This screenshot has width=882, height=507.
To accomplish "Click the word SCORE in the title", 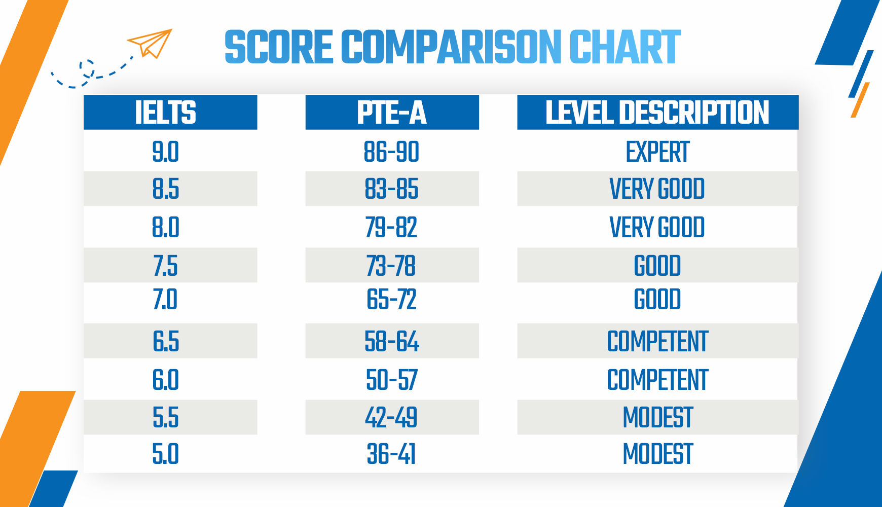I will pos(278,47).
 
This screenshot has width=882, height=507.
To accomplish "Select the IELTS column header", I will pos(166,112).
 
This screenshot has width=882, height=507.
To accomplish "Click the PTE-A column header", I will pos(392,112).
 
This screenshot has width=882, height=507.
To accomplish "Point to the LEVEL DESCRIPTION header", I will pos(657,112).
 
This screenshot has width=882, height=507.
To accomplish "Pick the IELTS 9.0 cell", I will pos(166,152).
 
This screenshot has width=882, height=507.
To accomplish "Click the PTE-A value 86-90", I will pos(392,152).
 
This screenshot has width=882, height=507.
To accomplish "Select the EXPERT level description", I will pos(657,152).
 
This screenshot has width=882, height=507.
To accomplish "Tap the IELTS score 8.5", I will pos(166,189).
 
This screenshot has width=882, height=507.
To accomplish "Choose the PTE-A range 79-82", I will pos(392,227).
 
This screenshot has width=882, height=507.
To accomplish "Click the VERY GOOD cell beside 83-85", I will pos(657,189).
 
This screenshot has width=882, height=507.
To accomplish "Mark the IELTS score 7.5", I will pos(166,266).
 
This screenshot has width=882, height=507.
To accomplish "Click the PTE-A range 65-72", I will pos(392,299).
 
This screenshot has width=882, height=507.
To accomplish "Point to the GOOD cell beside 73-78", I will pos(657,266).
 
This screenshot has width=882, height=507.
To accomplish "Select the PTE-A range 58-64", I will pos(392,341).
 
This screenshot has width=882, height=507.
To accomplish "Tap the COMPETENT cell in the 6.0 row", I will pos(657,380).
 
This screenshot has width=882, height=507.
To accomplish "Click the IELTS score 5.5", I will pos(166,418).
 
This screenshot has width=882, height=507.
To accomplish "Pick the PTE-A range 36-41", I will pos(392,454).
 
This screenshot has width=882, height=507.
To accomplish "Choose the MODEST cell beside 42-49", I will pos(657,418).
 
